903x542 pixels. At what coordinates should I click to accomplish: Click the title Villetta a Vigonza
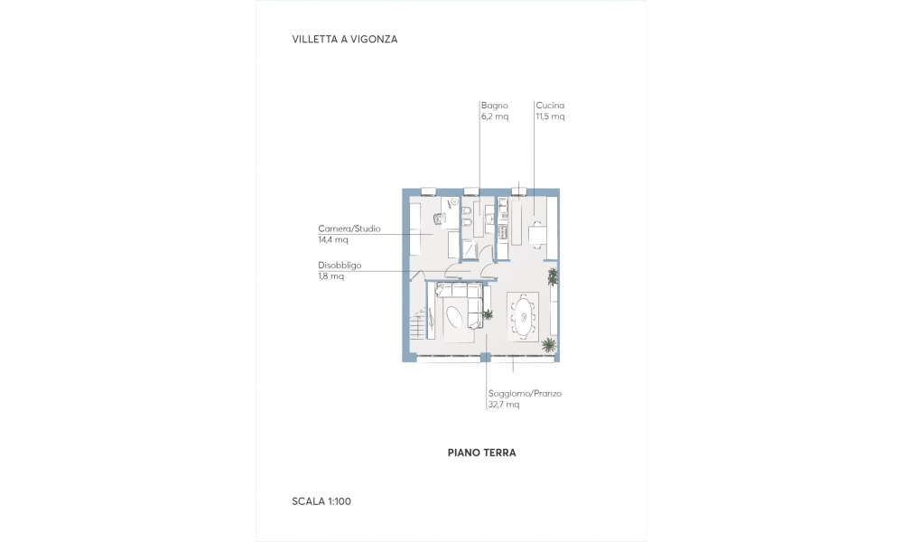(344, 39)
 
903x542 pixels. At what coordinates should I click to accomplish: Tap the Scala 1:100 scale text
(321, 501)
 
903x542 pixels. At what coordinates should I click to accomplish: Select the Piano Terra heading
(481, 453)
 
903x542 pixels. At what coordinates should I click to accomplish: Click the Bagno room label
(495, 106)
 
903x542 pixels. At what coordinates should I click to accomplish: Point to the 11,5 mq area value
(550, 117)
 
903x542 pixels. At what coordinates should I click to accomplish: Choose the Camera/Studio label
(349, 229)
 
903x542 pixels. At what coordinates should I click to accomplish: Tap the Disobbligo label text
(340, 266)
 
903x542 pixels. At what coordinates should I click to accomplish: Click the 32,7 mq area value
(504, 405)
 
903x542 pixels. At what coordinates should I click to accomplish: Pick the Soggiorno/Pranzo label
(525, 393)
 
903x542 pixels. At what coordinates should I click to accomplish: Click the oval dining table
(524, 316)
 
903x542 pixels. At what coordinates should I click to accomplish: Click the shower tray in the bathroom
(470, 248)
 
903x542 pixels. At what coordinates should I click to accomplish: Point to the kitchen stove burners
(502, 232)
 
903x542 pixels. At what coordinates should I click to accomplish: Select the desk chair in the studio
(440, 219)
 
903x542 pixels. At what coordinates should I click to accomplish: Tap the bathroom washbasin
(489, 219)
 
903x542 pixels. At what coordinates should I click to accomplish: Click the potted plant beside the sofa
(488, 314)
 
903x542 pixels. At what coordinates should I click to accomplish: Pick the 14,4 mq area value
(333, 239)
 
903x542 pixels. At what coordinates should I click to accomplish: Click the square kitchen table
(537, 235)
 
